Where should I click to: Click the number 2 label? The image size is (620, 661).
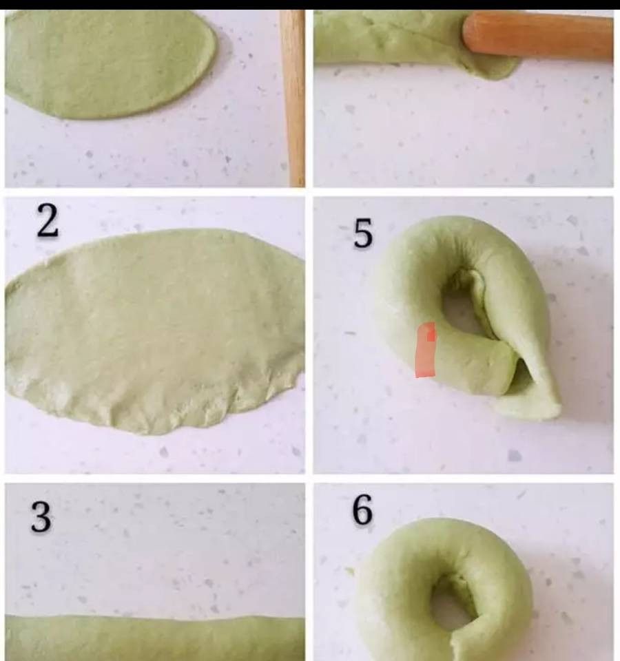[48, 220]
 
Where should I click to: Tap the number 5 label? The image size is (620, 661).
[363, 232]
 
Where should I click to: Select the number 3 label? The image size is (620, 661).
[41, 517]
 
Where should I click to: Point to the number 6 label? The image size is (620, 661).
[363, 510]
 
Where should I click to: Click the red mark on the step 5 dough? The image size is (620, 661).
[425, 350]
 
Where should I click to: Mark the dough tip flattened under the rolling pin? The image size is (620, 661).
[493, 70]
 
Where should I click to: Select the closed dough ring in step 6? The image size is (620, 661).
[443, 590]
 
